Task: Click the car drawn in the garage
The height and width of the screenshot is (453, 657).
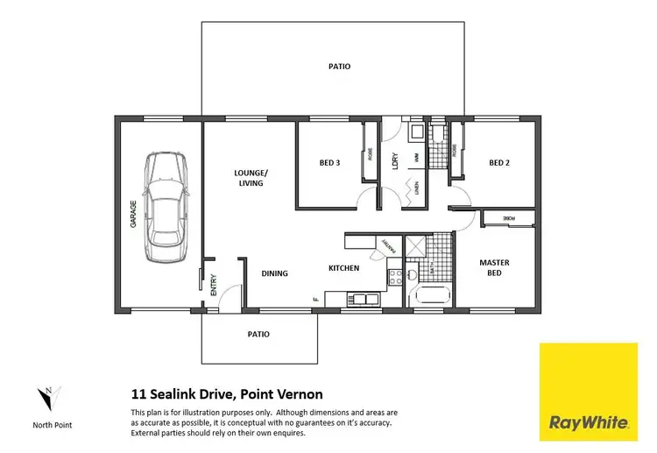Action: (166, 207)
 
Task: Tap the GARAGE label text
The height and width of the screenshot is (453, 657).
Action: (133, 215)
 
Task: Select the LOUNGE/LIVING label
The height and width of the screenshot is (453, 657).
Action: (251, 178)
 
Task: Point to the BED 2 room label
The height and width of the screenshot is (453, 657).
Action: (498, 163)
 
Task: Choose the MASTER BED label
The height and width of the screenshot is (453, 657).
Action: (494, 268)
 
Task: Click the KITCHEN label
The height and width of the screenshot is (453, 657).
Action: (343, 268)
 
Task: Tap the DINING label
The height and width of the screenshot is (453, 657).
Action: (274, 273)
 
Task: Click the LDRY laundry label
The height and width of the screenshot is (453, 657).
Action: (396, 163)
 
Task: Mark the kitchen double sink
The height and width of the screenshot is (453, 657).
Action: (359, 300)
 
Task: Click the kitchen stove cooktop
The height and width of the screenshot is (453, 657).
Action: (395, 276)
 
